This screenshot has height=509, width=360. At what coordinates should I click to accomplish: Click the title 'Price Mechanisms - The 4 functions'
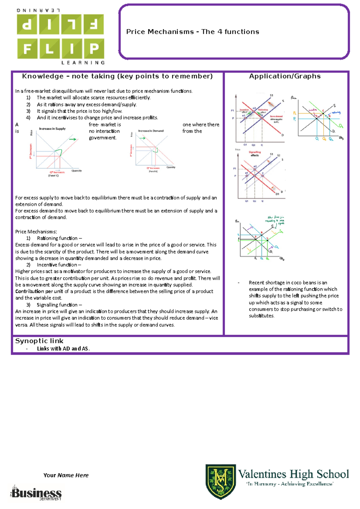(x=193, y=32)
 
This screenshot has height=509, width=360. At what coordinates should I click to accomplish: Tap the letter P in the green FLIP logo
(x=94, y=48)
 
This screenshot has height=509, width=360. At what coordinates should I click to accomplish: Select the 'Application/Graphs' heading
(x=285, y=76)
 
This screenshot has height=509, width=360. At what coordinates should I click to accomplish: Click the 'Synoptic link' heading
(x=39, y=341)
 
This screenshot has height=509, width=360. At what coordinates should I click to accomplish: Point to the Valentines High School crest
(x=220, y=481)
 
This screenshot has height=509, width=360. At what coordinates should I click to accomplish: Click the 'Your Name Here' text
(x=66, y=475)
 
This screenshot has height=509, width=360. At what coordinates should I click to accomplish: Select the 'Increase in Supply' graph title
(x=52, y=129)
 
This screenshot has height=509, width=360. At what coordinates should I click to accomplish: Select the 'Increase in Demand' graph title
(x=151, y=131)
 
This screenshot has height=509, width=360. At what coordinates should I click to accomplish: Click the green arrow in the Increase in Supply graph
(x=72, y=139)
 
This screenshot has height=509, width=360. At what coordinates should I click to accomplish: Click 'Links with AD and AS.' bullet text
(x=63, y=349)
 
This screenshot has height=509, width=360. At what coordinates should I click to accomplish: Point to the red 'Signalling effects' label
(x=254, y=153)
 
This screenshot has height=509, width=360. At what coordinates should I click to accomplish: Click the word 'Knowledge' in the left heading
(x=43, y=76)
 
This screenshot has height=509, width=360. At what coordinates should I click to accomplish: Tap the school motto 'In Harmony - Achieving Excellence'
(x=289, y=484)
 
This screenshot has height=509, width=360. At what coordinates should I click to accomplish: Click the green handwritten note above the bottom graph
(x=275, y=220)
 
